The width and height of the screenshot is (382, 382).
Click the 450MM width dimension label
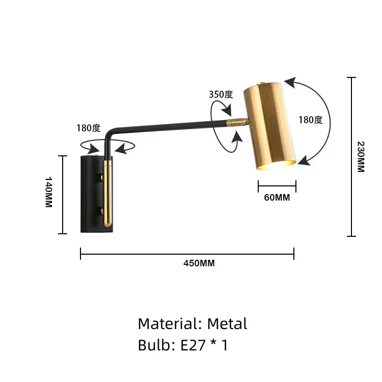199,263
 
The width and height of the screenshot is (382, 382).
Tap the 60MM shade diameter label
277,198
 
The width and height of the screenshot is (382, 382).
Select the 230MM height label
360,156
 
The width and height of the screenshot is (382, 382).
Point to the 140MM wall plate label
49,192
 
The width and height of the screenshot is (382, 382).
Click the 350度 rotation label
221,94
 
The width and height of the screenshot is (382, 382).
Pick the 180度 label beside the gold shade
311,120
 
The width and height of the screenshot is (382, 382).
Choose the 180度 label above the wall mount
89,128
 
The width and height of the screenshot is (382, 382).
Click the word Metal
227,324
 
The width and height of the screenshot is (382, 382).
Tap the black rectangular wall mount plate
92,194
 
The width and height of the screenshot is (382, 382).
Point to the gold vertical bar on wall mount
107,194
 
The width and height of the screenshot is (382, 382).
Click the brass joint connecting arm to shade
237,122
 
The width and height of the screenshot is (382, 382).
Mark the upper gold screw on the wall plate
101,177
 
